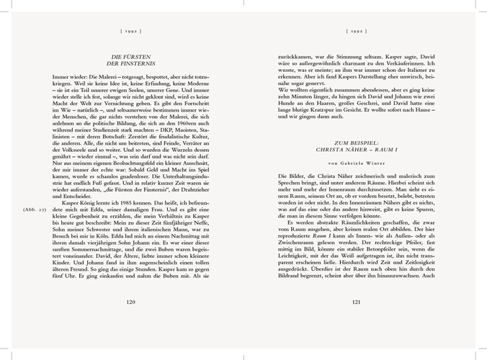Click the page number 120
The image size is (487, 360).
[130, 322]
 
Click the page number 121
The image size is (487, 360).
[356, 322]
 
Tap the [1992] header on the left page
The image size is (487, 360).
[130, 32]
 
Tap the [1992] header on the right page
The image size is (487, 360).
[356, 32]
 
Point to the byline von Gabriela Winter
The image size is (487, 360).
[356, 164]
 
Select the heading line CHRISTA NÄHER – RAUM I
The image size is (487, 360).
[356, 148]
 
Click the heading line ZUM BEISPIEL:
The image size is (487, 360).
[356, 141]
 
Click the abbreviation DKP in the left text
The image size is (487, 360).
[151, 127]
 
